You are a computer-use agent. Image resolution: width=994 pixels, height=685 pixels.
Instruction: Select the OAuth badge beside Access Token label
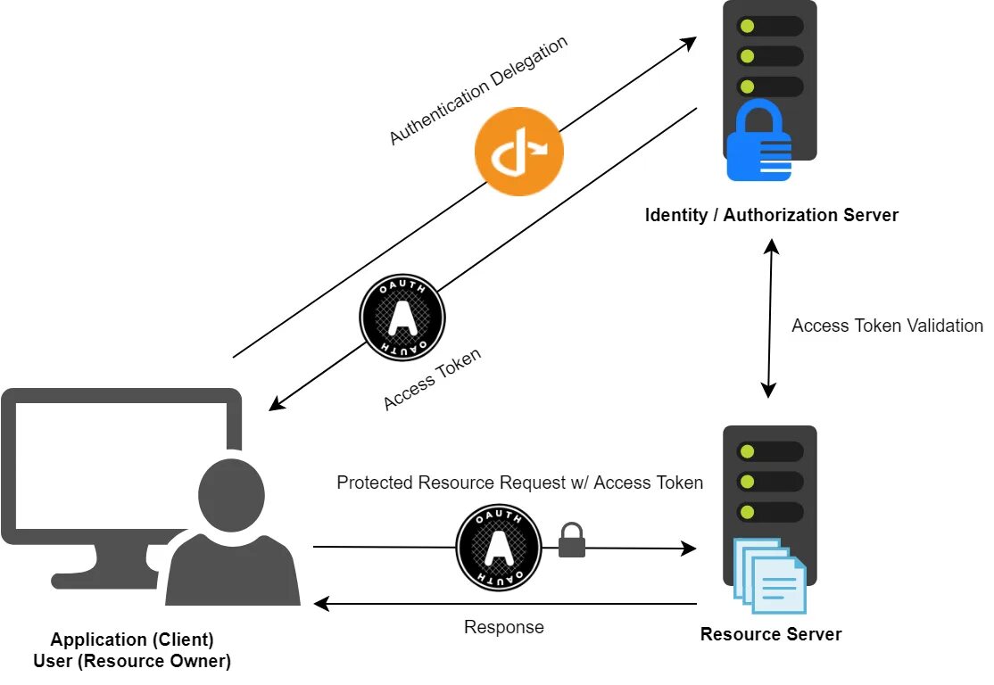tap(402, 318)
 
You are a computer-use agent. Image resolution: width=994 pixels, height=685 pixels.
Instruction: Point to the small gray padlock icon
tap(572, 541)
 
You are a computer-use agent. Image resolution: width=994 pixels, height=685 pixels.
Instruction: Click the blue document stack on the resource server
tap(770, 575)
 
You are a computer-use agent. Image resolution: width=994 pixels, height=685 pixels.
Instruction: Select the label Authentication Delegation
tap(478, 91)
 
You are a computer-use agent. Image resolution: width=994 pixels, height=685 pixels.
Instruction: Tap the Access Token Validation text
tap(887, 326)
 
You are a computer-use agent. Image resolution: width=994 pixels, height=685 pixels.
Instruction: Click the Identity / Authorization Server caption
tap(771, 215)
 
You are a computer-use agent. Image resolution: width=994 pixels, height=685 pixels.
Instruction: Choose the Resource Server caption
tap(771, 635)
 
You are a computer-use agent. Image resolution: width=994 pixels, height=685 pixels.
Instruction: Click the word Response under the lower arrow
tap(503, 627)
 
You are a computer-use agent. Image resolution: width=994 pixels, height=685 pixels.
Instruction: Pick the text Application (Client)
tap(132, 640)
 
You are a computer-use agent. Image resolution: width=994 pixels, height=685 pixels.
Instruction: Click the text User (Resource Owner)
tap(132, 661)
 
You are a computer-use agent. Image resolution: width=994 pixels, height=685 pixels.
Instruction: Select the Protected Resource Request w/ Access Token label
tap(519, 483)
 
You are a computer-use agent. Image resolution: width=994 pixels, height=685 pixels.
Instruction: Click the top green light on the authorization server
tap(749, 26)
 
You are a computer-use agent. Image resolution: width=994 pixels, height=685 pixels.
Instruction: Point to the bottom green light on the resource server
tap(749, 514)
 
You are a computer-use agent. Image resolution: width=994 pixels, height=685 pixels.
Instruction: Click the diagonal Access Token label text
tap(433, 379)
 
